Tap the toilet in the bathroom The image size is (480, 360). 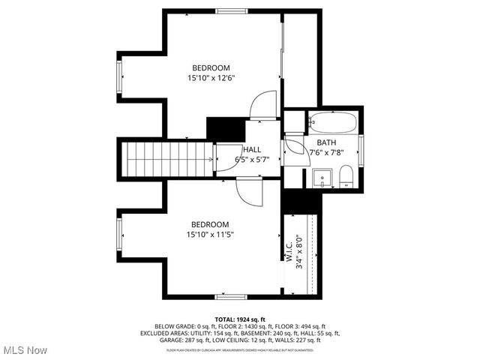(x=346, y=177)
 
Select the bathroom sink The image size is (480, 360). (x=322, y=178)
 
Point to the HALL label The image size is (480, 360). (x=252, y=149)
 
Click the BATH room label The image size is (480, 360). (x=326, y=142)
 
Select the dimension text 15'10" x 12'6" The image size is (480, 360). (x=209, y=77)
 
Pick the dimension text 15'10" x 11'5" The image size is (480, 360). (x=209, y=235)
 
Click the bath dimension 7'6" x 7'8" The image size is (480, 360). (x=326, y=152)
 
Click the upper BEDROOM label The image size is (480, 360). (x=210, y=67)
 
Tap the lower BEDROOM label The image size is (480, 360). (x=209, y=224)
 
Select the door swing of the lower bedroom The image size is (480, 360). (x=248, y=191)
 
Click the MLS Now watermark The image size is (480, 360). (x=24, y=350)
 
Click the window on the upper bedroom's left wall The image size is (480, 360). (x=118, y=79)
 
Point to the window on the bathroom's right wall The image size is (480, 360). (x=361, y=151)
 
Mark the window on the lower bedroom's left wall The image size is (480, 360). (x=118, y=235)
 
